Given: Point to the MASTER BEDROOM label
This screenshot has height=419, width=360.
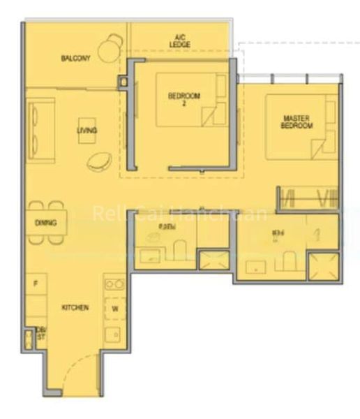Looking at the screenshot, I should point(297,122).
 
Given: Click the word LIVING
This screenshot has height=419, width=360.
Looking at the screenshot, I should point(87,131).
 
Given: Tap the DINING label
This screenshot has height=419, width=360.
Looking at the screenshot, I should point(45,223).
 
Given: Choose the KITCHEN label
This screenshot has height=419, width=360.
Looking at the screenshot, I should point(75,307).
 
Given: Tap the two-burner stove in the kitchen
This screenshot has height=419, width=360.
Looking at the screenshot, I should point(115,284).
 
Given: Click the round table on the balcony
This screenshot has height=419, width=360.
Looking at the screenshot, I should point(108,50).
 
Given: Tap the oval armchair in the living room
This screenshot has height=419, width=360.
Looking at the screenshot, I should point(98,161).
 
